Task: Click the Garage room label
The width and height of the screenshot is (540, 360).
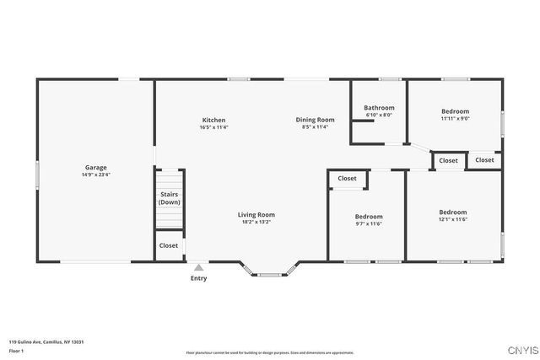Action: [95, 167]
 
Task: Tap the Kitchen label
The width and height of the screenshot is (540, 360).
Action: [213, 120]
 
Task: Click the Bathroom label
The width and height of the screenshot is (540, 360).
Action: [379, 108]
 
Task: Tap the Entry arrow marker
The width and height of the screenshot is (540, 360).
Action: [198, 267]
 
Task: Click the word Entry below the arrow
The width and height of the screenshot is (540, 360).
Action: [198, 278]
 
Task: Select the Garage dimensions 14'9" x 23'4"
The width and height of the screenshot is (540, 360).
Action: [95, 175]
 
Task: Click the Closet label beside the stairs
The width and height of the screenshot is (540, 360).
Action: [169, 245]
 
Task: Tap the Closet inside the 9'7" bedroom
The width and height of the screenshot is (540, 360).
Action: [347, 178]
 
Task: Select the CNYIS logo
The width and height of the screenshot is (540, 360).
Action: [520, 349]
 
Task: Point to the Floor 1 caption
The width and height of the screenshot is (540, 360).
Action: [16, 350]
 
